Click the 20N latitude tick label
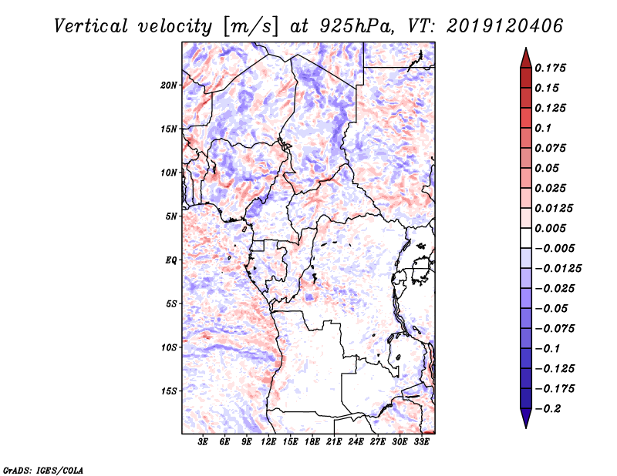169,85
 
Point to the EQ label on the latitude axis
171,260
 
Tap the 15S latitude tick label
169,391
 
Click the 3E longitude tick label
204,442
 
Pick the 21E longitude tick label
334,442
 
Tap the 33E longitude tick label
421,442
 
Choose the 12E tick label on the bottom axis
269,442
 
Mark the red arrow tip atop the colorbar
525,53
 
